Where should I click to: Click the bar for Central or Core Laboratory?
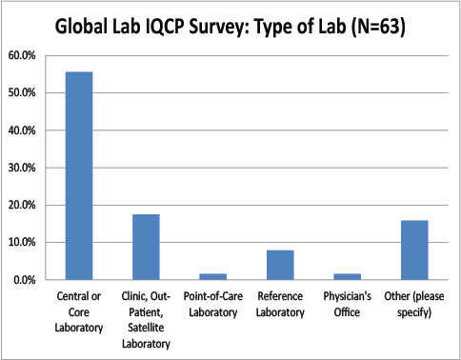click(79, 176)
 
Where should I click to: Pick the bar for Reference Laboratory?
click(280, 266)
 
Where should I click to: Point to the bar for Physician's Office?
click(348, 277)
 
